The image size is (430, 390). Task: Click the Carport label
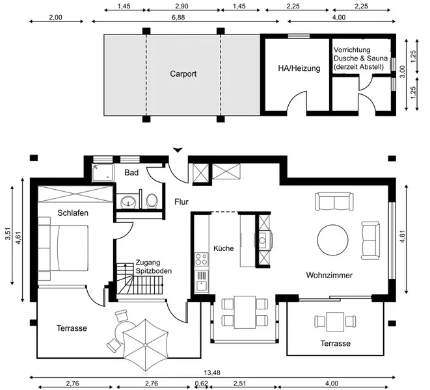(x=183, y=73)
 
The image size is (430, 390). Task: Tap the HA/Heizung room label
(x=299, y=68)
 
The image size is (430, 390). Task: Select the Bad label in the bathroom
(x=131, y=172)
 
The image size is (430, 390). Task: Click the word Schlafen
(x=73, y=213)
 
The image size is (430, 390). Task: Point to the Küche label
(x=224, y=248)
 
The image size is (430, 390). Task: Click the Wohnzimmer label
(x=329, y=275)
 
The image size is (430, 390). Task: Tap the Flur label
(x=181, y=202)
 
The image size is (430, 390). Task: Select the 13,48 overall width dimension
(x=212, y=372)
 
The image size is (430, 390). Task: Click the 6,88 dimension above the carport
(x=178, y=18)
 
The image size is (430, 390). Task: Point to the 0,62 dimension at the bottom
(x=202, y=383)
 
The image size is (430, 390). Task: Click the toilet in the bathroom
(x=152, y=201)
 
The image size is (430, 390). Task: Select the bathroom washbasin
(x=128, y=202)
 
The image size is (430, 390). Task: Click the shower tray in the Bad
(x=103, y=173)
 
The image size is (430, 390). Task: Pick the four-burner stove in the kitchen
(x=201, y=259)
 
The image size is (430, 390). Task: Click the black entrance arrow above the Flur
(x=178, y=150)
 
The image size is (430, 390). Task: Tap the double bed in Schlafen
(x=63, y=248)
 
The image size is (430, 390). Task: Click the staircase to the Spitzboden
(x=140, y=279)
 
